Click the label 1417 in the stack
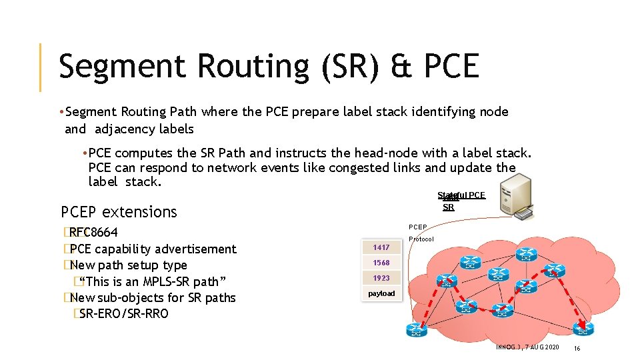pos(381,247)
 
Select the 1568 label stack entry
pos(381,263)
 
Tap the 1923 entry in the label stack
pos(381,278)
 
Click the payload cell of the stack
pos(381,293)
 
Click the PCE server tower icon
pos(527,196)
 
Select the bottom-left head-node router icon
pos(417,329)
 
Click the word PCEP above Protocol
pos(419,227)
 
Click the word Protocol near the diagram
pos(421,239)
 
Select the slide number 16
pos(577,349)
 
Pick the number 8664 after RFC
pos(105,233)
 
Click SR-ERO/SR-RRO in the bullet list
pos(123,313)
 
